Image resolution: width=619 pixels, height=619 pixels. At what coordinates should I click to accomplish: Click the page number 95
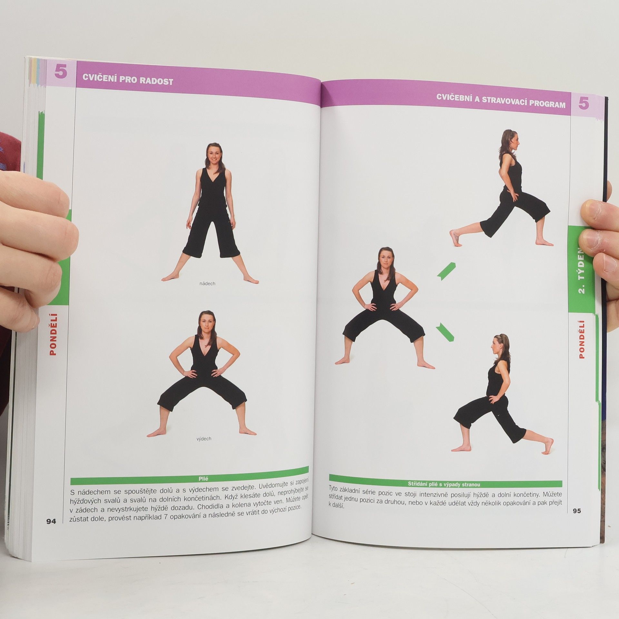click(x=577, y=511)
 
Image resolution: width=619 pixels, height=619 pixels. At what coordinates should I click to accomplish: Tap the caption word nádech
click(x=207, y=284)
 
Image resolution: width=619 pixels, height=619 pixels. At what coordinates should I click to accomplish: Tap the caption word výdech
click(x=204, y=438)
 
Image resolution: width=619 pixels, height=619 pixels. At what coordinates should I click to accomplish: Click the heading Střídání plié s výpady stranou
click(x=444, y=493)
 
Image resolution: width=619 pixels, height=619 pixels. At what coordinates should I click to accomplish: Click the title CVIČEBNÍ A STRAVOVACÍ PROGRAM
click(x=501, y=101)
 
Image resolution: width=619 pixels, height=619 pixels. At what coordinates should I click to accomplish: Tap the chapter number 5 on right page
click(x=584, y=103)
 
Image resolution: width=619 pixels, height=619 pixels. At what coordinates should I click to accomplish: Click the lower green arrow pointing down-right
click(x=445, y=332)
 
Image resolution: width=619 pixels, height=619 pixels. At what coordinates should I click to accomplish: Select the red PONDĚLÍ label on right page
click(x=582, y=339)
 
